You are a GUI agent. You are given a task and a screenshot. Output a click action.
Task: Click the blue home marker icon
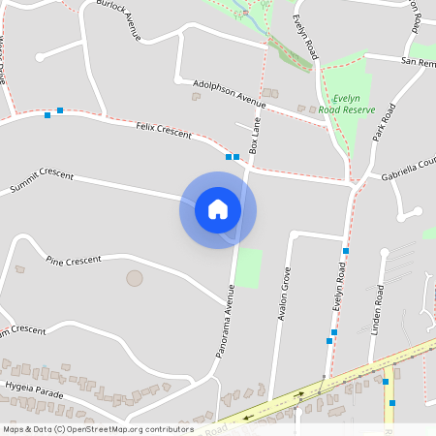pyautogui.click(x=218, y=209)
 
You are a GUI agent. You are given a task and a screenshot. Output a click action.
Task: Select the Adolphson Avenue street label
pyautogui.click(x=229, y=93)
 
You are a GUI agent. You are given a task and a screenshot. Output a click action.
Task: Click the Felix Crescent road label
pyautogui.click(x=164, y=129)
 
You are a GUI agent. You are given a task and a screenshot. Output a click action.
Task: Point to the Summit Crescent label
pyautogui.click(x=42, y=179)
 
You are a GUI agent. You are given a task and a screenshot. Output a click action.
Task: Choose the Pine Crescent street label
pyautogui.click(x=74, y=260)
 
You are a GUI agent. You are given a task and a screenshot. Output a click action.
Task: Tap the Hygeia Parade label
pyautogui.click(x=35, y=392)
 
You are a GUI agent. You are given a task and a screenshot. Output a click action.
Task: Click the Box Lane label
pyautogui.click(x=256, y=138)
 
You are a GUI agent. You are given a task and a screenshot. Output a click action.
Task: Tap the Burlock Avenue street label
pyautogui.click(x=119, y=19)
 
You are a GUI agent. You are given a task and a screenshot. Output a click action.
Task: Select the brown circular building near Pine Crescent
pyautogui.click(x=135, y=278)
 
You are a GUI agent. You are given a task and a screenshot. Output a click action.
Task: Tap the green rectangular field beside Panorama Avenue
pyautogui.click(x=249, y=268)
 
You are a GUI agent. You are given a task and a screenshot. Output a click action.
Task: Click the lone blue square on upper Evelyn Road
pyautogui.click(x=345, y=251)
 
